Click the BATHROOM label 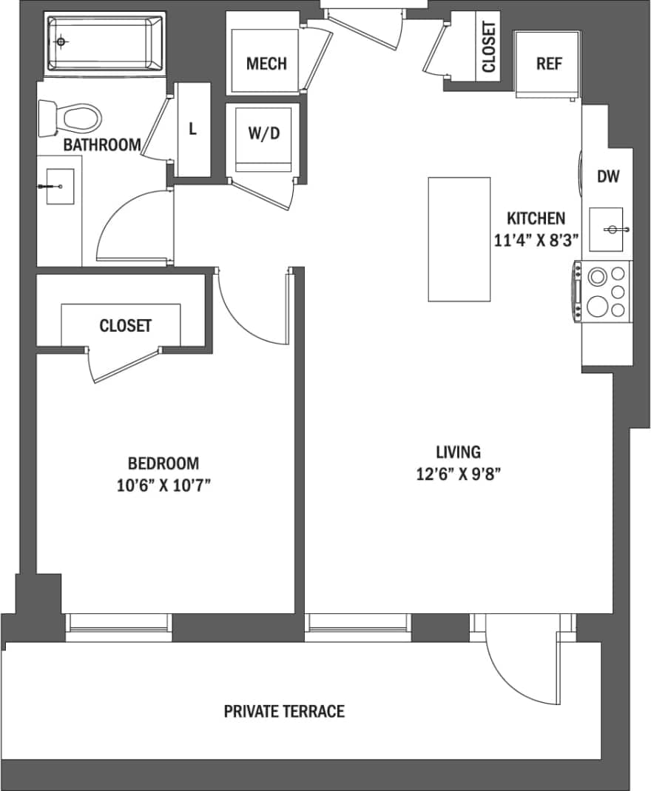pos(101,144)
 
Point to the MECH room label pos(266,64)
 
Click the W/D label pos(264,134)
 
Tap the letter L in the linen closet pos(192,129)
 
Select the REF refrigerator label pos(549,64)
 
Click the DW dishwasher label pos(607,177)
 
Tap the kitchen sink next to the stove pos(608,230)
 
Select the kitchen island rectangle pos(459,239)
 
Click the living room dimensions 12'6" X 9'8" pos(459,475)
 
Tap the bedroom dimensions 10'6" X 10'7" pos(163,486)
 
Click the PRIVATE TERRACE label pos(284,712)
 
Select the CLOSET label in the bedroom pos(125,326)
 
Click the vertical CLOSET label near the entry pos(489,47)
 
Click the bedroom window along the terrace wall pos(118,627)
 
